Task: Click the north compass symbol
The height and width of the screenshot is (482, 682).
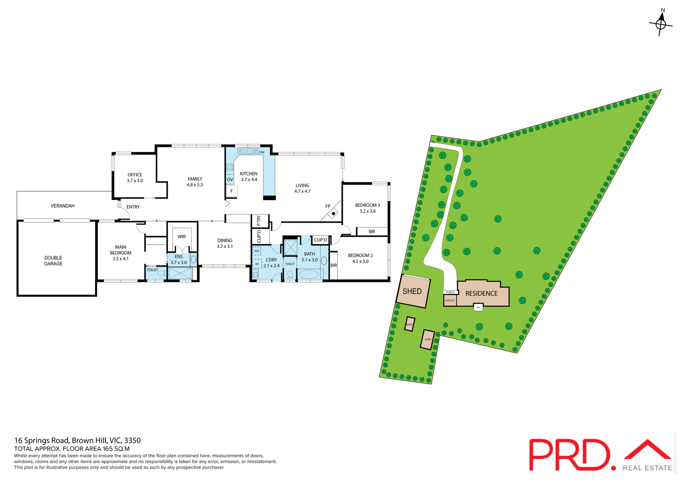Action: (x=660, y=24)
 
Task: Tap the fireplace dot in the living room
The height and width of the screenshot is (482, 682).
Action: (x=333, y=214)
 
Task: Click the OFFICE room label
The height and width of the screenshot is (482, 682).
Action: (x=135, y=175)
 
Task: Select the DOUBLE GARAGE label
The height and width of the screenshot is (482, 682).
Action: (x=53, y=261)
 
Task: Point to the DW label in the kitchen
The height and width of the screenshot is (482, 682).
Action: (x=262, y=152)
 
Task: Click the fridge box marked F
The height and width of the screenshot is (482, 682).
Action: (x=232, y=191)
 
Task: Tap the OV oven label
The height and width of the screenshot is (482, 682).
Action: (x=230, y=180)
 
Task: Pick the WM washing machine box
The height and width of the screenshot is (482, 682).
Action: (x=256, y=251)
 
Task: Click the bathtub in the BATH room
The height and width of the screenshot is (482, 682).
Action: (x=309, y=274)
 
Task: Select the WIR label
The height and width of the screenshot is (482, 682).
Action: (x=182, y=237)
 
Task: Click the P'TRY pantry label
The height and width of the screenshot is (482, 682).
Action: (x=259, y=221)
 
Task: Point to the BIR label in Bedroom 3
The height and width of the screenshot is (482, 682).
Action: (x=372, y=232)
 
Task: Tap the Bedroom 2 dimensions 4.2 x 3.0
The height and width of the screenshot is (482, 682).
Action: (x=360, y=261)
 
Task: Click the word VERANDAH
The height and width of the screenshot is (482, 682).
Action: (x=63, y=206)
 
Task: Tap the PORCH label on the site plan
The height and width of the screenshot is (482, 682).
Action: (x=450, y=292)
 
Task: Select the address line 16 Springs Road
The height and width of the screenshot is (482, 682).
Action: (x=77, y=440)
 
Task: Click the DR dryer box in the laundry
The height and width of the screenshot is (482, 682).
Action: (x=257, y=264)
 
